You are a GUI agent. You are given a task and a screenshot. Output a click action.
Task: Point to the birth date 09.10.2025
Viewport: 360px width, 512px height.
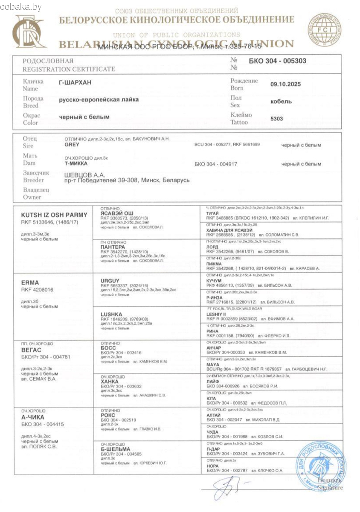285,84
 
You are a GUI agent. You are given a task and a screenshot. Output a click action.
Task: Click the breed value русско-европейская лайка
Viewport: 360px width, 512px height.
99,100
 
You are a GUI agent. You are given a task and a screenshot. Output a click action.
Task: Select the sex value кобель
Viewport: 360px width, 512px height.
281,101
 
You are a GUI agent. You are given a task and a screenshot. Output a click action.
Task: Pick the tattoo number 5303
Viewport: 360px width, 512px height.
277,120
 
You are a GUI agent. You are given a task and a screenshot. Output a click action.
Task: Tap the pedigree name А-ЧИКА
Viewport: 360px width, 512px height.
33,417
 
